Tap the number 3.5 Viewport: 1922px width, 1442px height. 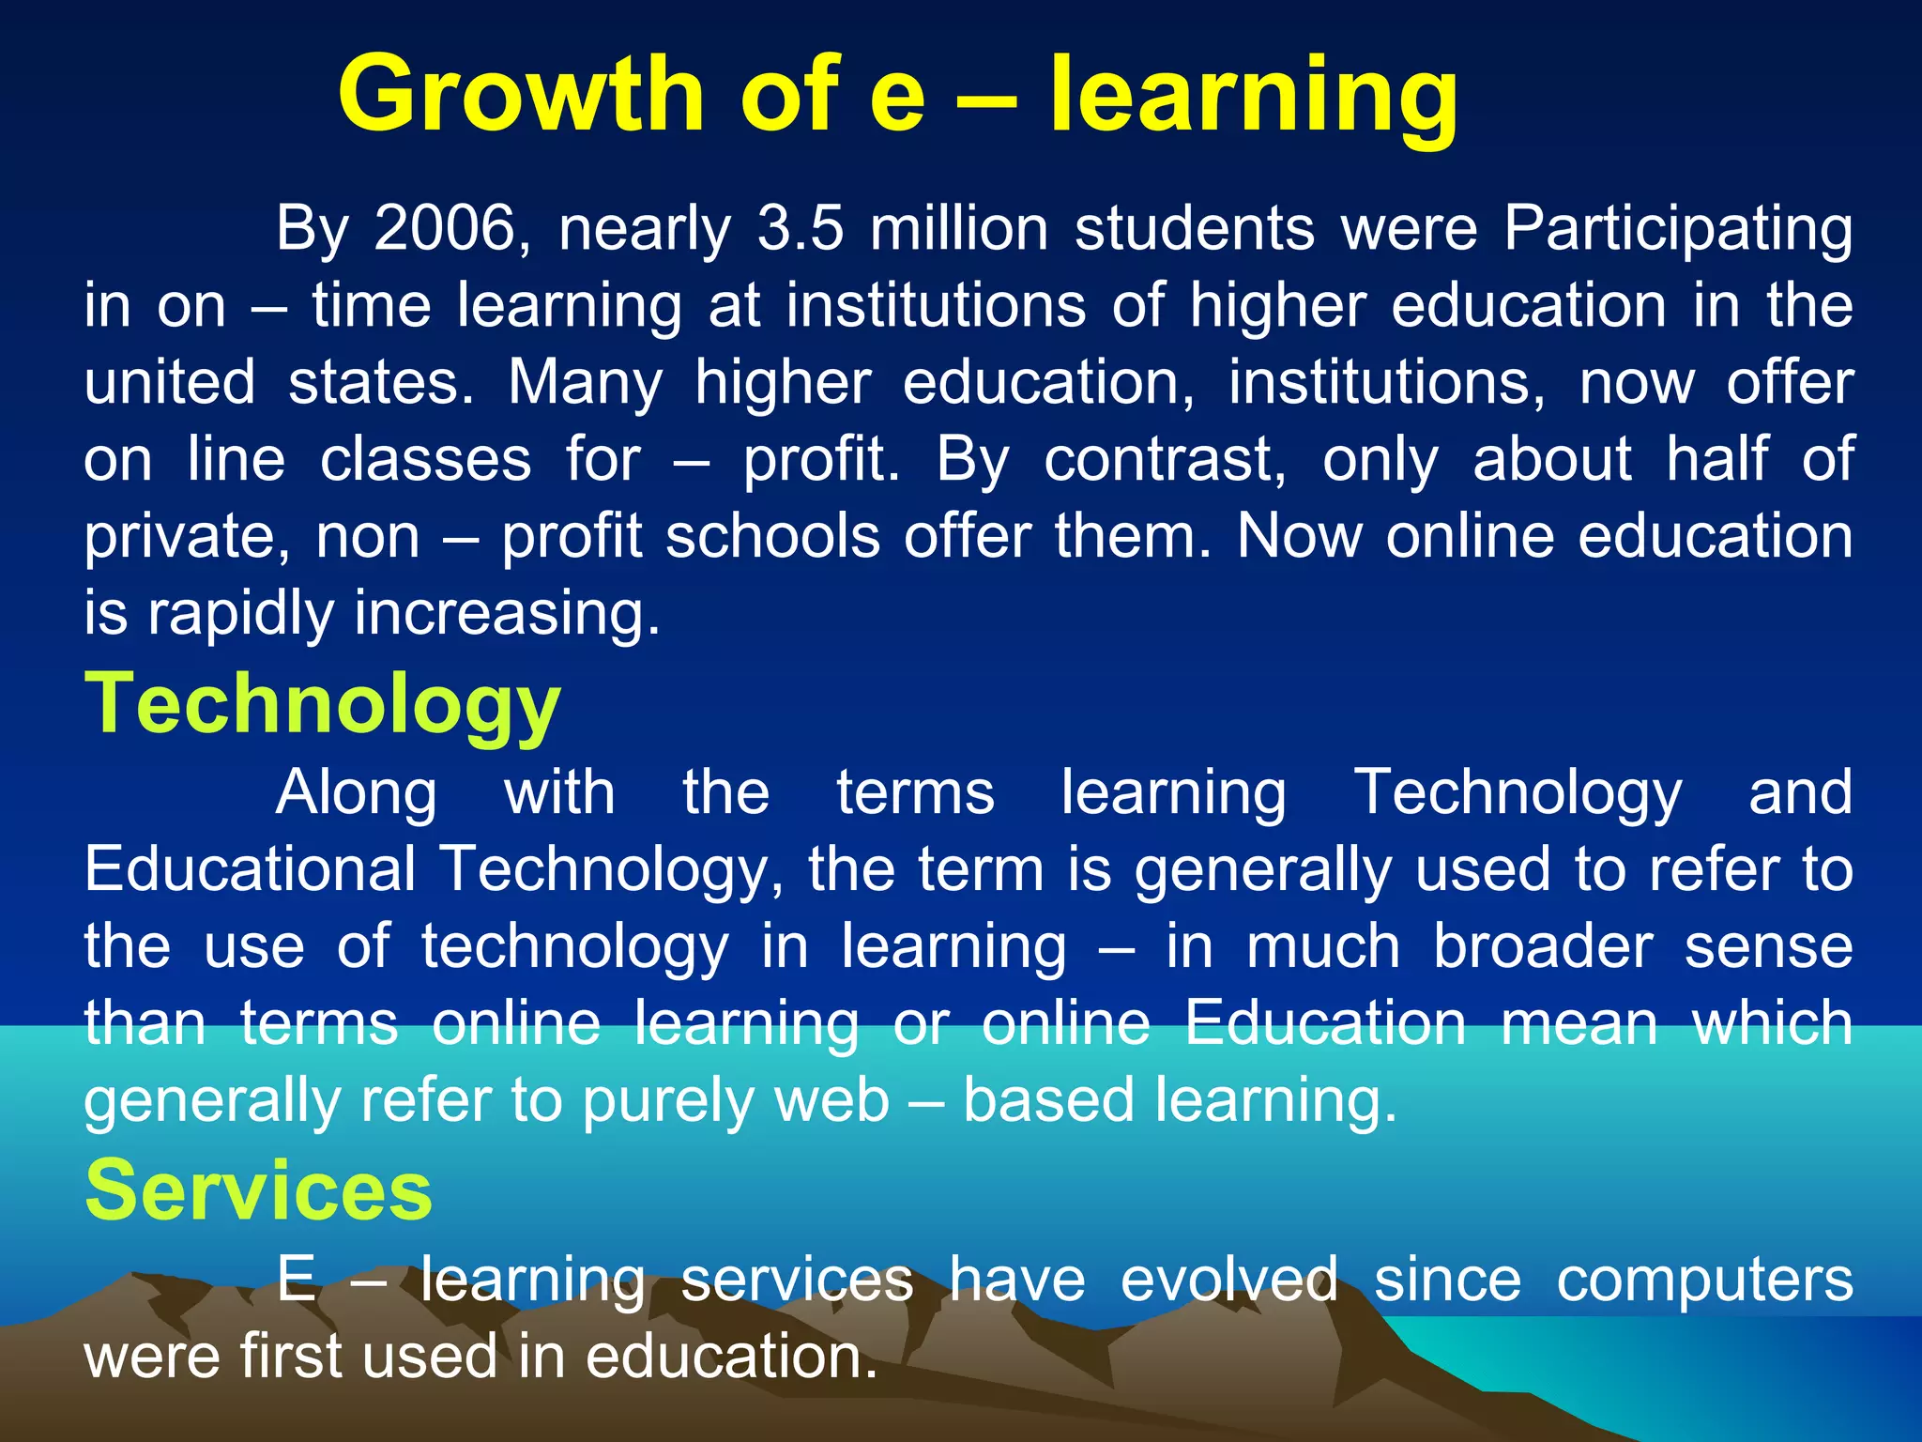[800, 228]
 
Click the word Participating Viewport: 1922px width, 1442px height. [1677, 230]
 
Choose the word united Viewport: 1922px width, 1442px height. [170, 382]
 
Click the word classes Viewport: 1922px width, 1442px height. [425, 459]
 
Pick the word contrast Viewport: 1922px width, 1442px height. [1165, 459]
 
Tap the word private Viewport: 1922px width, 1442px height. [187, 538]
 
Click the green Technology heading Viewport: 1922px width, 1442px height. [323, 704]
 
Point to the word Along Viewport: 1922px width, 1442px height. [357, 793]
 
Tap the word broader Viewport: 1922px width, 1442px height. [1542, 945]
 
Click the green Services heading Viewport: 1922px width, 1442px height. [259, 1189]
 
